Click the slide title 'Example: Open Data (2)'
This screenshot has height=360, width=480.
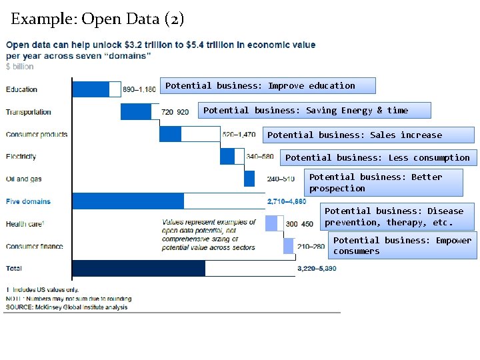pos(97,19)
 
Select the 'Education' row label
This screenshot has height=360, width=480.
pos(22,89)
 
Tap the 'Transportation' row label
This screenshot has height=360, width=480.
pos(29,112)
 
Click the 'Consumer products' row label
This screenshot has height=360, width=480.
pos(37,134)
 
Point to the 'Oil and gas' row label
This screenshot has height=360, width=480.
pos(24,179)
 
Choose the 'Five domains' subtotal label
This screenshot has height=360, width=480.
pos(28,201)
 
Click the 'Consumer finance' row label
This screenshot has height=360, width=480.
pos(35,246)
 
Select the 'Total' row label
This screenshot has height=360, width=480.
pos(14,269)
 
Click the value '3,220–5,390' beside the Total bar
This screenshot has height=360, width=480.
pos(317,269)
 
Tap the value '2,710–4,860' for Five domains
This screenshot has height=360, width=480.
pos(287,201)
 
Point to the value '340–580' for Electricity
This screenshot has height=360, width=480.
pos(259,157)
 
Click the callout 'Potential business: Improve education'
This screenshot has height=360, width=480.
pos(270,85)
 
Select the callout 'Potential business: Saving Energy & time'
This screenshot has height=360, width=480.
pos(315,110)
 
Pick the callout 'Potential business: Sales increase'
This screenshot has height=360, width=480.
pos(369,135)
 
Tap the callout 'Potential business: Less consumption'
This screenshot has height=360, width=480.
pos(377,157)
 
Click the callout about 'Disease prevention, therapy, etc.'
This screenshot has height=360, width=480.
pos(398,217)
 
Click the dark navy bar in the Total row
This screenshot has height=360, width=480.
pos(139,268)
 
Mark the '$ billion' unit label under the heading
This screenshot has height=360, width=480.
pos(19,67)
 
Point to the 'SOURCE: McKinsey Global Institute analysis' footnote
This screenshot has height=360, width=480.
pos(67,307)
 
